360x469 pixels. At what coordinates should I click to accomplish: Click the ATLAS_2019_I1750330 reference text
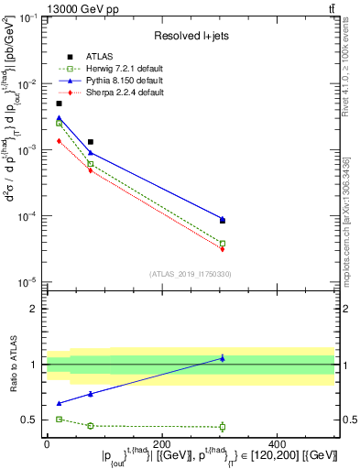[189, 273]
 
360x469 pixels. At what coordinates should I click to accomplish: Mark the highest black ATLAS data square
[59, 104]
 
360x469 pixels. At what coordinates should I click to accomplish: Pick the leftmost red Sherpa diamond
[59, 141]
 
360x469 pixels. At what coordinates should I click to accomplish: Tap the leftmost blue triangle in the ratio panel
[59, 403]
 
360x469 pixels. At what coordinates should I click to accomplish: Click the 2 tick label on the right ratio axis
[344, 309]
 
